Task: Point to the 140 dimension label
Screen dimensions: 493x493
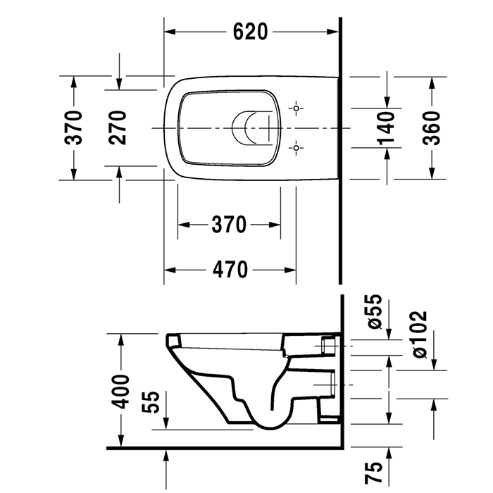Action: coord(385,127)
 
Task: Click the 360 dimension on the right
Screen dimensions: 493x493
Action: coord(431,127)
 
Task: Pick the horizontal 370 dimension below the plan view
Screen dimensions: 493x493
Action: coord(229,225)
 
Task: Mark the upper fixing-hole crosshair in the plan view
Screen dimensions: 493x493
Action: coord(297,108)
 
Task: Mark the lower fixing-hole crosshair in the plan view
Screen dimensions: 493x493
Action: coord(297,147)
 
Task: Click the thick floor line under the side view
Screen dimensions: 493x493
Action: coord(225,447)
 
